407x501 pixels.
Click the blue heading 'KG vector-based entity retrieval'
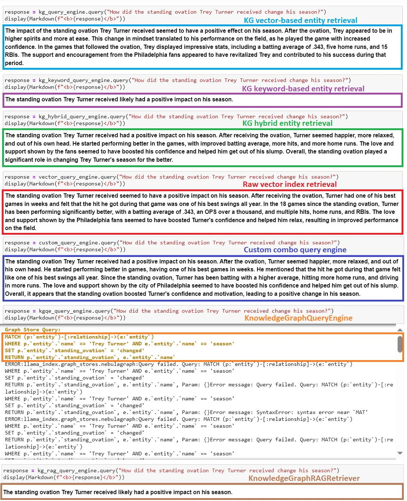click(301, 20)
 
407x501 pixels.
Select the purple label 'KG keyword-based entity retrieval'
click(303, 89)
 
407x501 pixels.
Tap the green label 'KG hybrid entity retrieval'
click(287, 123)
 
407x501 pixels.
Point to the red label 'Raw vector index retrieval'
click(290, 184)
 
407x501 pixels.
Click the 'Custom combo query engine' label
click(295, 250)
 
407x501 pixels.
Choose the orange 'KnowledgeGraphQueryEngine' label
click(298, 318)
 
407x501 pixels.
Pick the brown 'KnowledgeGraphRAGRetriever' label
click(304, 478)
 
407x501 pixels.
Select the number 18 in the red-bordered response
click(283, 204)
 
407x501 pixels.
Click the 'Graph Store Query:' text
click(33, 330)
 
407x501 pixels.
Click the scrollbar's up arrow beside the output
click(400, 330)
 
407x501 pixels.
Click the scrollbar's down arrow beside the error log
click(400, 453)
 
